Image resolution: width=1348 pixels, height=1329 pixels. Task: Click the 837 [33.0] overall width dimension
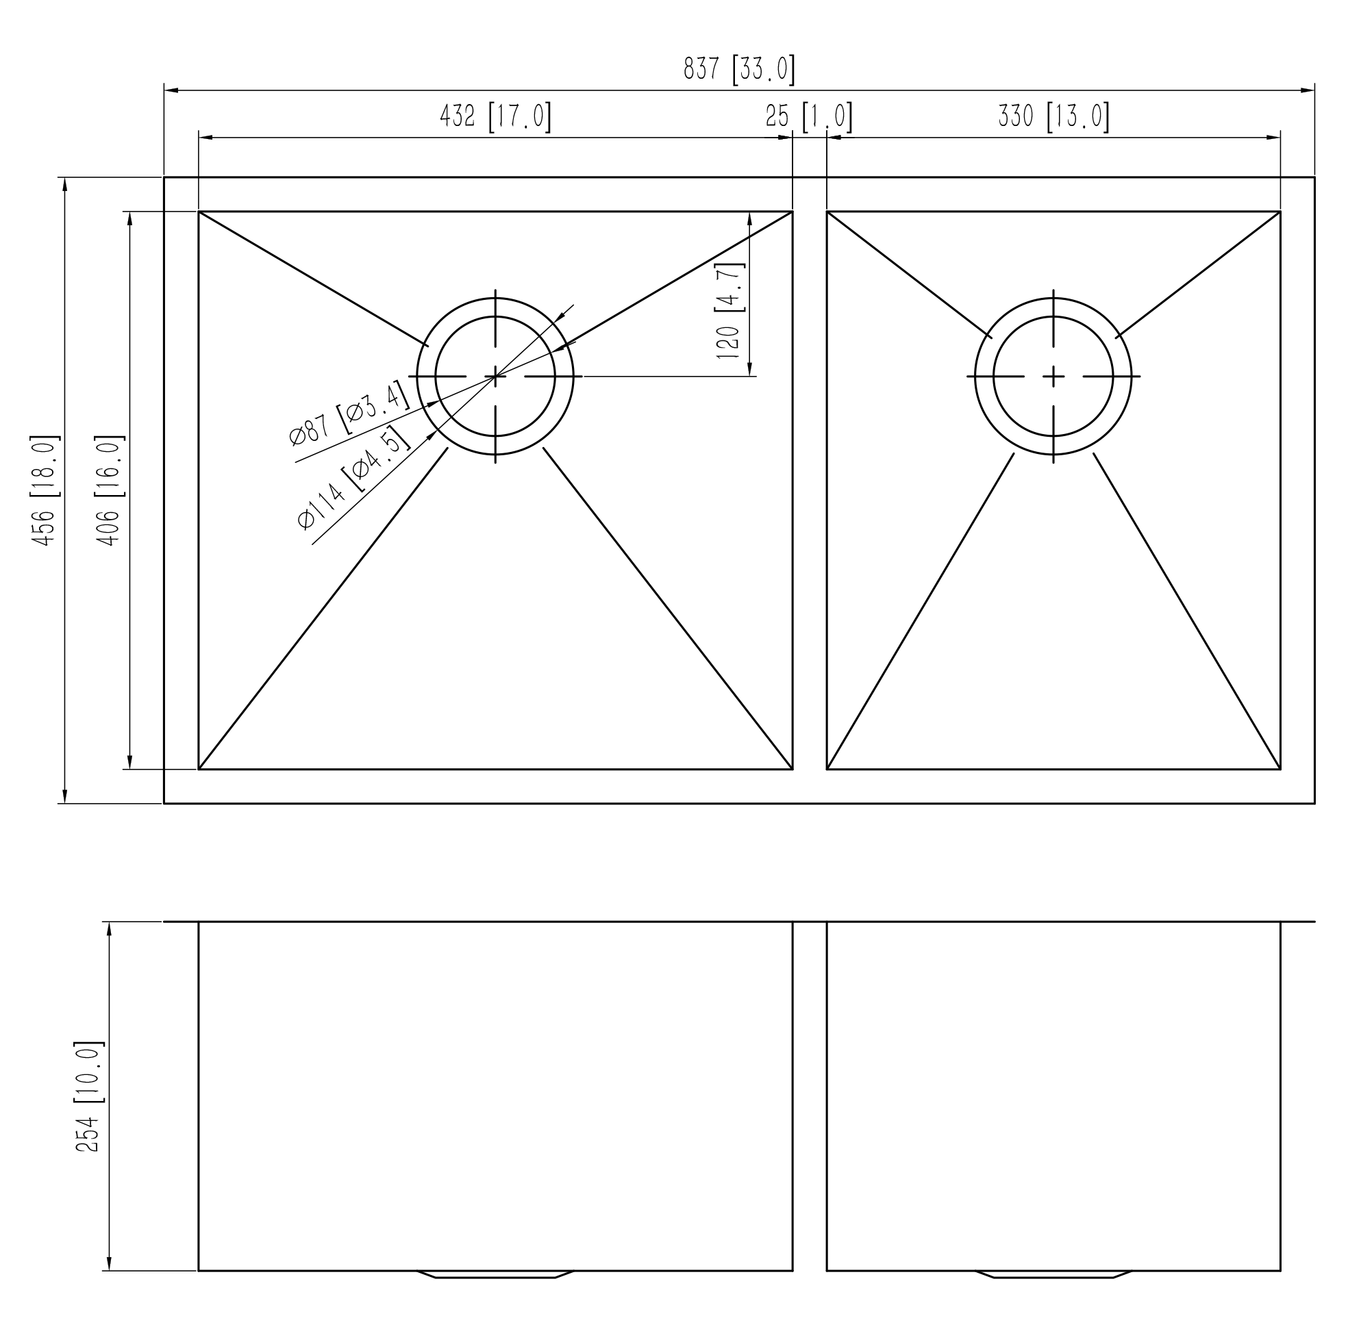(x=740, y=70)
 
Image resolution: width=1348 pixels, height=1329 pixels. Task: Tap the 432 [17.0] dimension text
(x=495, y=116)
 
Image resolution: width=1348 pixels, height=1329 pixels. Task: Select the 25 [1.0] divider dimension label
(x=810, y=116)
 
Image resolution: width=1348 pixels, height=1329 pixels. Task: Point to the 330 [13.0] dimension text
(x=1053, y=116)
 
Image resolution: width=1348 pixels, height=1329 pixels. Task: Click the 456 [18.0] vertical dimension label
(x=45, y=490)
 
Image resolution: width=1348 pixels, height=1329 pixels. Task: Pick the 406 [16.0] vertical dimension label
(x=110, y=490)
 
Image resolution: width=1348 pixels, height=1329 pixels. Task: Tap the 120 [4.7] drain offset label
(x=729, y=310)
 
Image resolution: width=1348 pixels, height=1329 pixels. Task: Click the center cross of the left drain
(x=495, y=376)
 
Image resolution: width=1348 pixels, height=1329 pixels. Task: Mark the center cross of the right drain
(x=1053, y=376)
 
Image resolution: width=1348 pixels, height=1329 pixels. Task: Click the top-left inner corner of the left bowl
(x=199, y=211)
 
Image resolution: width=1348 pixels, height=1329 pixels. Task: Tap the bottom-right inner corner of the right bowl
(x=1280, y=770)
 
